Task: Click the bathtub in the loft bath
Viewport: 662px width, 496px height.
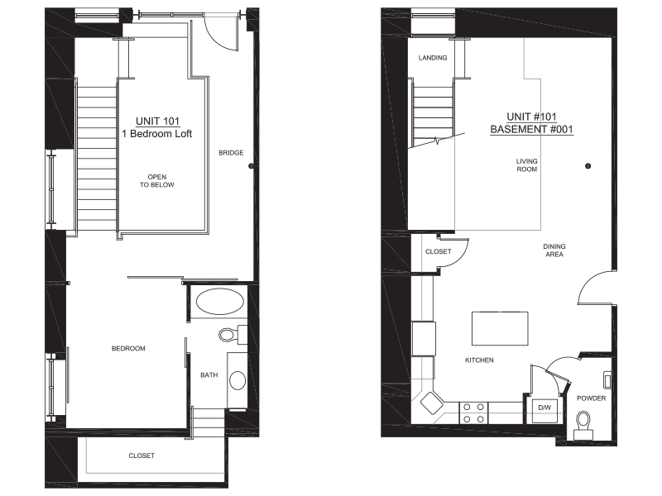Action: tap(220, 302)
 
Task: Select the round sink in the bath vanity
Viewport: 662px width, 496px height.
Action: tap(237, 380)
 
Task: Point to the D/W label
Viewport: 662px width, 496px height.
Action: tap(544, 408)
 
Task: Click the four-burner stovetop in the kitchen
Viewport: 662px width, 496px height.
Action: tap(473, 413)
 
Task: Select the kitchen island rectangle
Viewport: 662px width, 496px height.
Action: tap(500, 328)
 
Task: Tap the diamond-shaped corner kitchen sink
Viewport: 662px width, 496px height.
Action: tap(431, 403)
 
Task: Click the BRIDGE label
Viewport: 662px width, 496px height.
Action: tap(231, 153)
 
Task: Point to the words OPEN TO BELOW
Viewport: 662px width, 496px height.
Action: tap(157, 181)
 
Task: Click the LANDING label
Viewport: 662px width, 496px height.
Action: tap(433, 58)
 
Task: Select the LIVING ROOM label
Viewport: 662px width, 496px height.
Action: tap(527, 165)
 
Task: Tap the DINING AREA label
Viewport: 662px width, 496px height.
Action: tap(554, 250)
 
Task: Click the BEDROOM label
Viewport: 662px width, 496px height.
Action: tap(128, 348)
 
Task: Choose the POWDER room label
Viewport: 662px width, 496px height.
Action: tap(591, 398)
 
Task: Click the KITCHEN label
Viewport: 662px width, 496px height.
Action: tap(479, 360)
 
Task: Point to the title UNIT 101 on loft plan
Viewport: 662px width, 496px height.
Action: tap(158, 122)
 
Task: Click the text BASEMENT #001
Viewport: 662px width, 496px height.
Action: tap(531, 130)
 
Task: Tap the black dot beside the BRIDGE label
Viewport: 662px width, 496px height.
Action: tap(252, 166)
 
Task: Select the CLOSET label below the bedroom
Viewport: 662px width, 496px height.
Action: tap(142, 455)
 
